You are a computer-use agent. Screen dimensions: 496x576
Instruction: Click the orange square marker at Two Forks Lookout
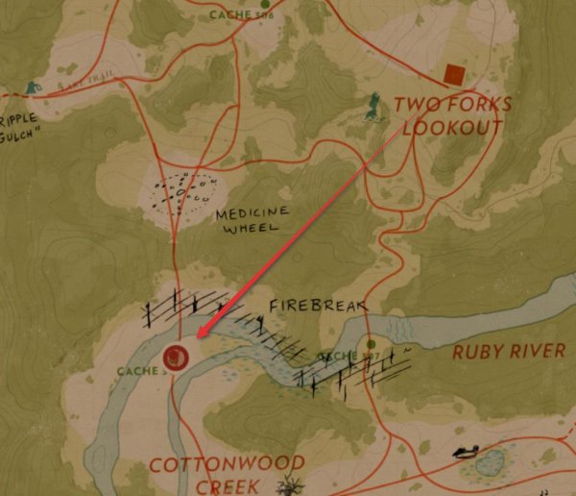[x=454, y=73]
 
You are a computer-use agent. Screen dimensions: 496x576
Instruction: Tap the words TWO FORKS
[x=453, y=105]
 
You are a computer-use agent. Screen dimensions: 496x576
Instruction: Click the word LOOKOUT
[x=452, y=128]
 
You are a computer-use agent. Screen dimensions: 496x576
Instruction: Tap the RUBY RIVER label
[x=509, y=351]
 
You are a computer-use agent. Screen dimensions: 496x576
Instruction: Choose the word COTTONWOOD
[x=227, y=466]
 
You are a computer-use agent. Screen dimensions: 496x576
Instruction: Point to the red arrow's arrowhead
[x=200, y=335]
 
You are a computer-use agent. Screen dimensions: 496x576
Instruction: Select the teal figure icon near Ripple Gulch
[x=35, y=87]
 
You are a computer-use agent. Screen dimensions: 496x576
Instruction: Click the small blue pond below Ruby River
[x=491, y=464]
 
